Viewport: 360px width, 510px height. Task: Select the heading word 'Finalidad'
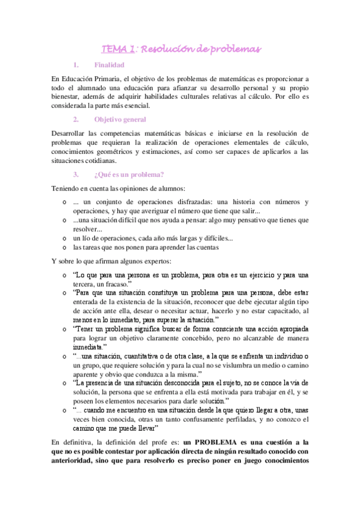tap(109, 65)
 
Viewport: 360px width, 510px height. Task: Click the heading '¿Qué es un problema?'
tap(124, 174)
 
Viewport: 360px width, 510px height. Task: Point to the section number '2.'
tap(76, 119)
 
